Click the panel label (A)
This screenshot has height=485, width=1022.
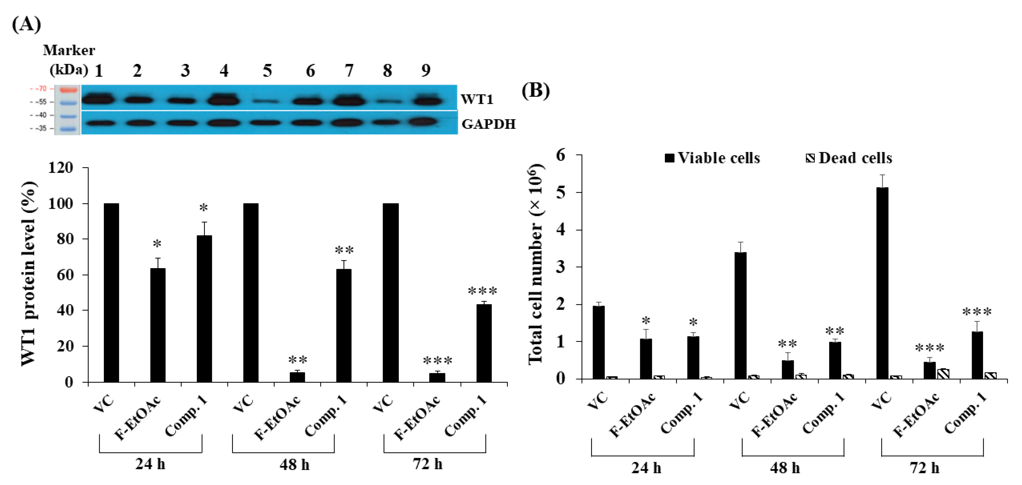pos(26,25)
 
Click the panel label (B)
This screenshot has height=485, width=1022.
pos(535,91)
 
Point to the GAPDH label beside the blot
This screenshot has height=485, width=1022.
pos(488,124)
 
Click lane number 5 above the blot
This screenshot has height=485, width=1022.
pos(267,71)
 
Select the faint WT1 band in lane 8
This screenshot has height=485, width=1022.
pos(386,102)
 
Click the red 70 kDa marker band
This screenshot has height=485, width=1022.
pos(69,90)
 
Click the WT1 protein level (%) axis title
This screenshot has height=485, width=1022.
pos(28,274)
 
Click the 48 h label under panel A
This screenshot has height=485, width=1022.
pos(294,464)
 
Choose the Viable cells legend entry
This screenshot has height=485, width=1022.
pos(712,158)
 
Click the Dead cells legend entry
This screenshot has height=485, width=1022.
pos(849,158)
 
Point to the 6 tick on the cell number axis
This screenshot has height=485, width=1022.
pos(561,155)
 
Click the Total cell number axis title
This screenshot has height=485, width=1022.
pos(536,264)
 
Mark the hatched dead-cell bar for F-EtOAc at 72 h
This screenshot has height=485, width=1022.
pos(943,373)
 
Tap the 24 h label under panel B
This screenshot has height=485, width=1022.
pos(646,468)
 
